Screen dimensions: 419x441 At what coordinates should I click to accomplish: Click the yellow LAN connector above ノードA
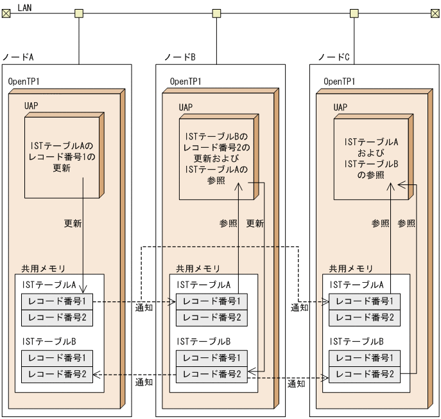pos(79,13)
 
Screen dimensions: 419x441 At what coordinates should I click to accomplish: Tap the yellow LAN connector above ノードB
pos(216,13)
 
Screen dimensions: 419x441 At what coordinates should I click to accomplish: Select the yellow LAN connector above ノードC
pos(354,13)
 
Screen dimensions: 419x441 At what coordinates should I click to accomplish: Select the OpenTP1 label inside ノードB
pos(186,82)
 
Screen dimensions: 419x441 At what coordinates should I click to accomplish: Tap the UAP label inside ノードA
pos(32,107)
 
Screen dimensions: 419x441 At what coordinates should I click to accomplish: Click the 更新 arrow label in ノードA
pos(73,224)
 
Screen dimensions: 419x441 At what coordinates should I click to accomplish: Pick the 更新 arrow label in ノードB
pos(255,224)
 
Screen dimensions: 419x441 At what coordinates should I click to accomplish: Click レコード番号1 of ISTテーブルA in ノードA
pos(58,301)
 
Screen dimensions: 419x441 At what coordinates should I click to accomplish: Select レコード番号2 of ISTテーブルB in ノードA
pos(58,374)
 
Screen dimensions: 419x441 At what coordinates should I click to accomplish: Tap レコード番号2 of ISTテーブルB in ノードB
pos(212,374)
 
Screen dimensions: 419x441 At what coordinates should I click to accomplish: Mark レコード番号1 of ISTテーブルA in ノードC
pos(365,301)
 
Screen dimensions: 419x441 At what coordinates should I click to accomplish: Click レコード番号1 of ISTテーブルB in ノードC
pos(365,357)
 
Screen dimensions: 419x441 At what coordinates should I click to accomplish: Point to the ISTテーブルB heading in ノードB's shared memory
pos(204,341)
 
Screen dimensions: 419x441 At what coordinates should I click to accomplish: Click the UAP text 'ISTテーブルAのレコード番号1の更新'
pos(62,157)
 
